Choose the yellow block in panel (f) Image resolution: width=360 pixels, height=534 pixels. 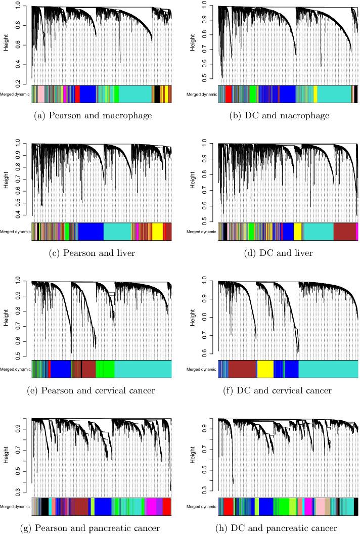point(265,369)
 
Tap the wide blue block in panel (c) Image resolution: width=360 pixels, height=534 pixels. point(91,231)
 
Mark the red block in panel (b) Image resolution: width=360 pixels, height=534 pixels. point(229,94)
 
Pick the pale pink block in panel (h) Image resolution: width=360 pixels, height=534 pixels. point(320,506)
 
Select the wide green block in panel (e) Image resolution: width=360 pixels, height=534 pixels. point(105,369)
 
